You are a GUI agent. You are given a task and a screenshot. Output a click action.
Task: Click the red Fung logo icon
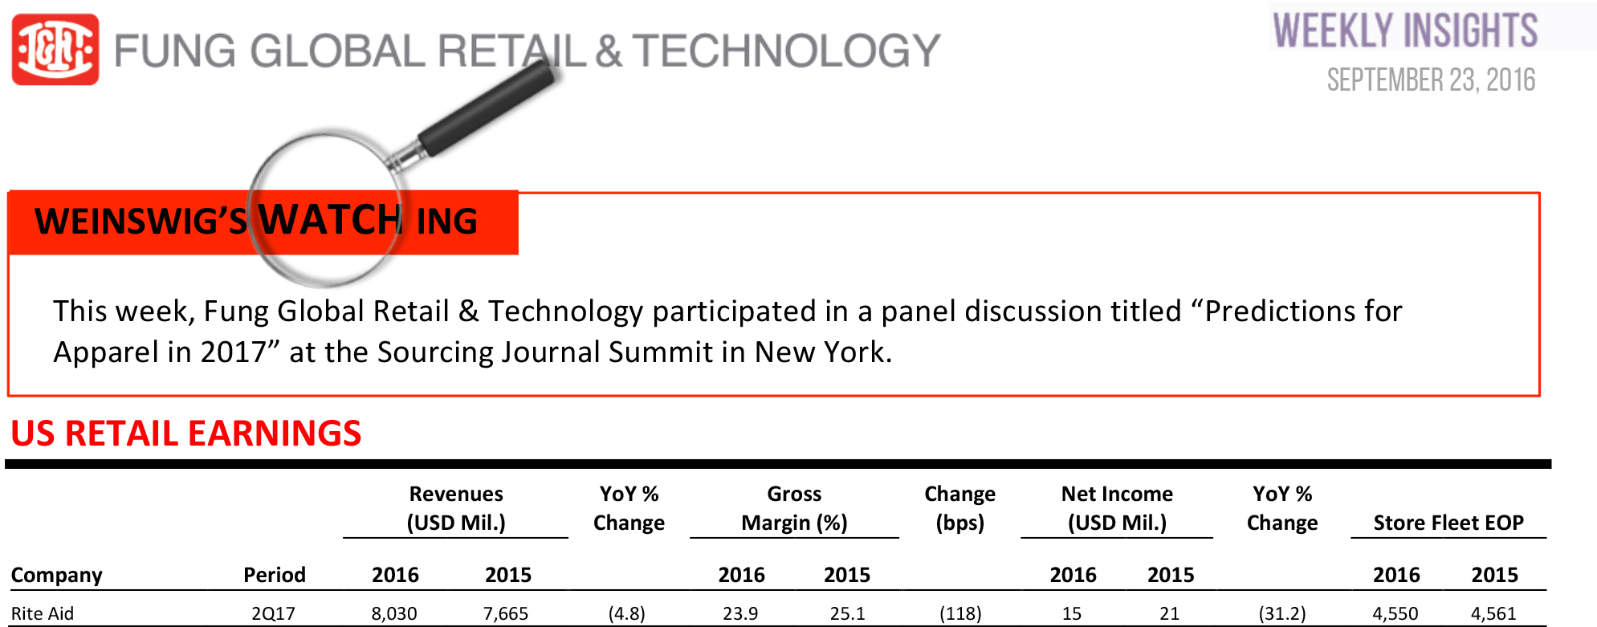pos(55,50)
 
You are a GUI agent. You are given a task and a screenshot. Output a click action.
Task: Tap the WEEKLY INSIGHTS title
pos(1405,31)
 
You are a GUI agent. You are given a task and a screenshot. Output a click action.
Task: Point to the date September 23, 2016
pos(1431,80)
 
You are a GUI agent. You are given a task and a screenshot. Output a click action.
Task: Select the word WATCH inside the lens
pos(330,219)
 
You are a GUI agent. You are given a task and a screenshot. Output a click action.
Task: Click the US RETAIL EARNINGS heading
pos(186,434)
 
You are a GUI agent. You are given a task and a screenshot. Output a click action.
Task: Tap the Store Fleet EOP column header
pos(1448,523)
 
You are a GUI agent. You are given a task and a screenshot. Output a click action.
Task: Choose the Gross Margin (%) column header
pos(794,508)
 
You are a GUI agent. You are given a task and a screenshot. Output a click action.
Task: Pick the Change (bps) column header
pos(959,508)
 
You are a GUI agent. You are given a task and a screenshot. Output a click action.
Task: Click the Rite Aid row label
pos(43,613)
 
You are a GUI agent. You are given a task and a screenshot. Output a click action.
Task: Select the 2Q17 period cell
pos(273,613)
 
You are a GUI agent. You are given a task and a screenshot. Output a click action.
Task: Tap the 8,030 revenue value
pos(394,613)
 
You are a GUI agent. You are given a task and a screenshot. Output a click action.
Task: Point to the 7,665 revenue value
pos(506,613)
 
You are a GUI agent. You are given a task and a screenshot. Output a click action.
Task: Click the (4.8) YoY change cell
pos(627,613)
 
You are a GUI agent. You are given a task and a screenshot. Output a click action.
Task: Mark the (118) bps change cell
pos(960,613)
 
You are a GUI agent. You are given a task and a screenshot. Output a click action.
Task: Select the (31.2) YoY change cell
pos(1282,613)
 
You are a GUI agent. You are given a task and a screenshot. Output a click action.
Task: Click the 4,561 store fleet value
pos(1493,613)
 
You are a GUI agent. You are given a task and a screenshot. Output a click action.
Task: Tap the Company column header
pos(56,575)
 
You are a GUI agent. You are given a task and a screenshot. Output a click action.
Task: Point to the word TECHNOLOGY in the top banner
pos(787,51)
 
